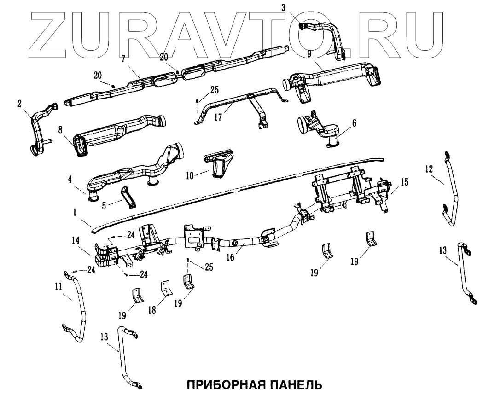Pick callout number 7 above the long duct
tap(123, 59)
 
